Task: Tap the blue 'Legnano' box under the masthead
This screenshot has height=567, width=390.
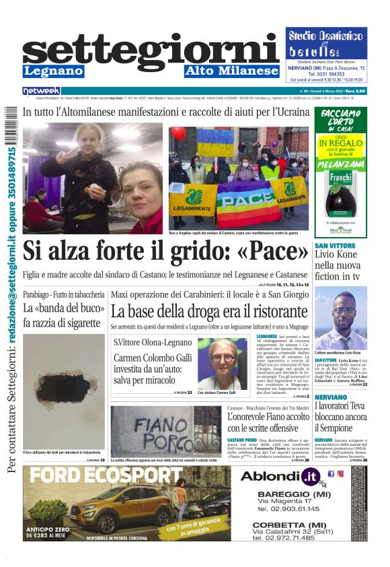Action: coord(53,71)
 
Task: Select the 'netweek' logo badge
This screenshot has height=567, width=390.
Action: coord(41,91)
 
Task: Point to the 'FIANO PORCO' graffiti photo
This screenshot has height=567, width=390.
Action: coord(166,429)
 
